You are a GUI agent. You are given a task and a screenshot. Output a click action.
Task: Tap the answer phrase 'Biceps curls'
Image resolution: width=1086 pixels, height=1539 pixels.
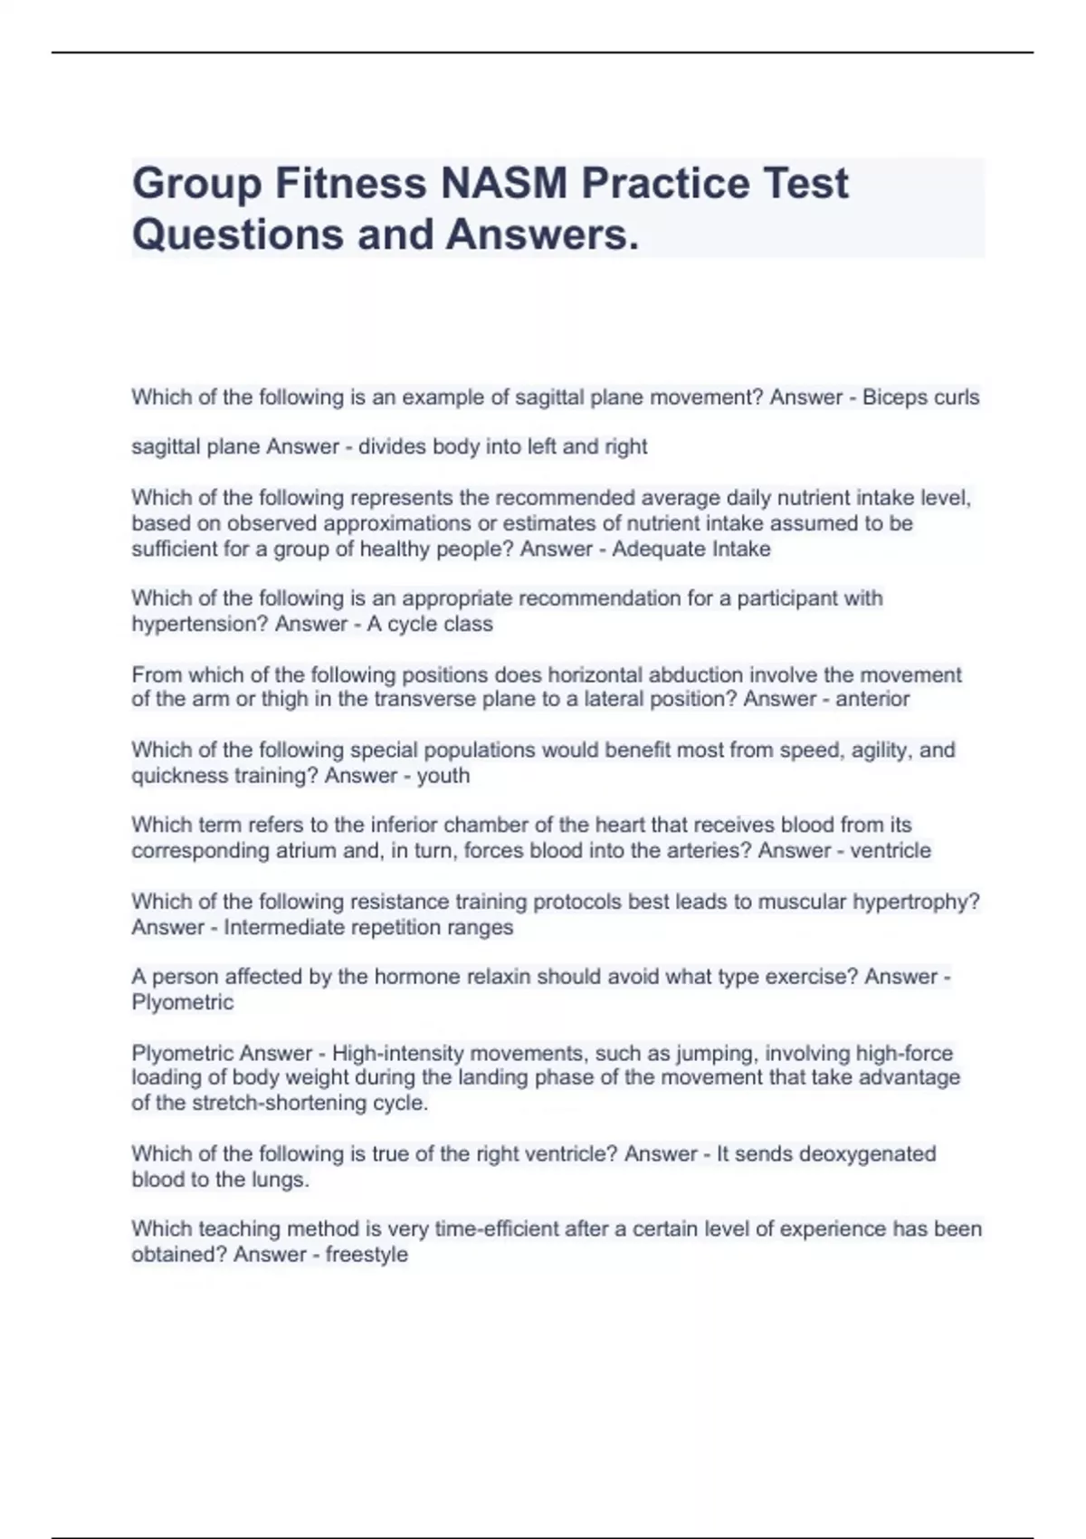pyautogui.click(x=920, y=397)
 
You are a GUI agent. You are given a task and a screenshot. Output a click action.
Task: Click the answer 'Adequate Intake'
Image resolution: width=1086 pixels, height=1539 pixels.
pyautogui.click(x=691, y=550)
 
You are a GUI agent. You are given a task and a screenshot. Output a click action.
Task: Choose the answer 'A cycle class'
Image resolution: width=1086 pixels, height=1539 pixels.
pyautogui.click(x=430, y=625)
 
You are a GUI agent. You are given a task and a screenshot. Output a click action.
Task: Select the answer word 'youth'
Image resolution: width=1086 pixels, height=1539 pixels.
pyautogui.click(x=443, y=776)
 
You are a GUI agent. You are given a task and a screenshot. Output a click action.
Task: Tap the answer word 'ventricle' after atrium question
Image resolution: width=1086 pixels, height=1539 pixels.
pyautogui.click(x=891, y=851)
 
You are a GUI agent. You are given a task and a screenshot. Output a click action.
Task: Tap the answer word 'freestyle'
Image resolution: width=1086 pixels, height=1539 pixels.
pyautogui.click(x=367, y=1255)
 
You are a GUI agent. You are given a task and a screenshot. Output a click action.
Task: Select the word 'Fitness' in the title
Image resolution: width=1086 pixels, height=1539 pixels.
pyautogui.click(x=351, y=184)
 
